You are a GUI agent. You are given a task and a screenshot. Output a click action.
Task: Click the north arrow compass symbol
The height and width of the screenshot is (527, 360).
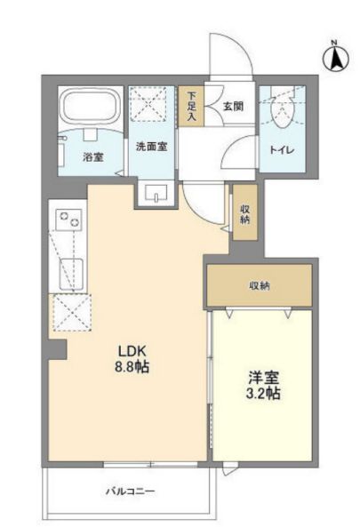tap(335, 58)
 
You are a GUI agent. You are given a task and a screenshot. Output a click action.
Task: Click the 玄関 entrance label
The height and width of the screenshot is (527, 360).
tap(233, 107)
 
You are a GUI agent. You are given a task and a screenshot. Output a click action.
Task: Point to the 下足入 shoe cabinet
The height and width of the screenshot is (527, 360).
tap(191, 107)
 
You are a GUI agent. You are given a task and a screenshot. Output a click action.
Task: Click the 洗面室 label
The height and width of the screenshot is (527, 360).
tap(152, 147)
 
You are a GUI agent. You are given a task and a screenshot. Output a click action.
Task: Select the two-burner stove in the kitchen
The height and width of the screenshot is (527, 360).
tap(68, 220)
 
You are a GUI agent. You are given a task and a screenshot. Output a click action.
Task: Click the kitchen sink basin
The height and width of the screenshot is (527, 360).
tap(71, 274)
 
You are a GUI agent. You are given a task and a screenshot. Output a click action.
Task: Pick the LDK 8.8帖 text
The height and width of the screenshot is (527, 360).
tap(132, 359)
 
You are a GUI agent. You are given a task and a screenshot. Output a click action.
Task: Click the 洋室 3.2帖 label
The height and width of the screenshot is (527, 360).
tap(263, 385)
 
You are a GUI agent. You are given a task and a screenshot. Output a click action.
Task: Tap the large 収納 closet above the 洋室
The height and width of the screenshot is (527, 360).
tap(260, 285)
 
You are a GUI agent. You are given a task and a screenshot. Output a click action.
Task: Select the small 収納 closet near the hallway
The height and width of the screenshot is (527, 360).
tap(245, 212)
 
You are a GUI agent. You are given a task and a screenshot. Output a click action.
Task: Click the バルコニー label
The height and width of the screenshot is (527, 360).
tap(131, 491)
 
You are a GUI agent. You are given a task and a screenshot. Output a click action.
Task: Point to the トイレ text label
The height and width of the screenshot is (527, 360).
tap(283, 150)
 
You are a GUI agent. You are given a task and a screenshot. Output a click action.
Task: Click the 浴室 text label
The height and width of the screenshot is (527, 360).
tap(93, 157)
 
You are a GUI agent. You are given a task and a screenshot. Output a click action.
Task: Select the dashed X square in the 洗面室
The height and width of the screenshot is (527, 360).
tap(148, 103)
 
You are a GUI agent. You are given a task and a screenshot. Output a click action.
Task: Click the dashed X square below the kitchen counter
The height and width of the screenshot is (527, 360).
tap(73, 313)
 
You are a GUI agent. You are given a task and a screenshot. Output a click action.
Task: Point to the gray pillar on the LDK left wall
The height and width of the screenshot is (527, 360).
tap(57, 349)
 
